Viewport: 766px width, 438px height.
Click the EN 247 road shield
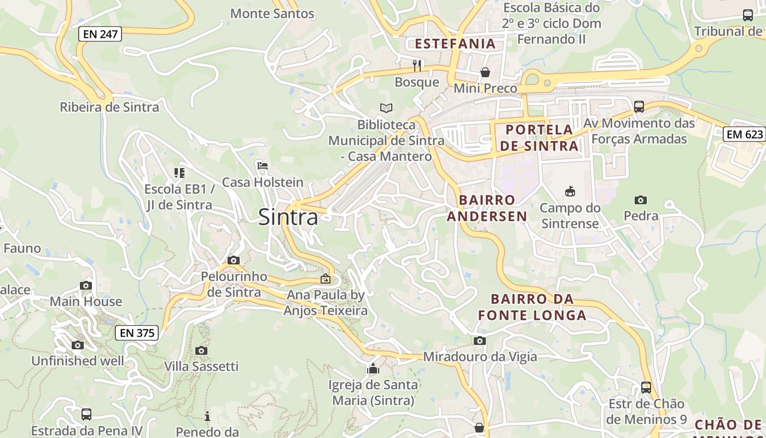click(100, 34)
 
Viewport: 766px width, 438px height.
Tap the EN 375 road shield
click(137, 332)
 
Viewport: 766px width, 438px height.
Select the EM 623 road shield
click(744, 134)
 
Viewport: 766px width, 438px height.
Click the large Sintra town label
click(288, 217)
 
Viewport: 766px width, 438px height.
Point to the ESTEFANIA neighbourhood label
click(455, 44)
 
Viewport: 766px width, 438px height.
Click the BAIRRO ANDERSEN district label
click(487, 208)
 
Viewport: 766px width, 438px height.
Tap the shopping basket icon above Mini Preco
click(485, 72)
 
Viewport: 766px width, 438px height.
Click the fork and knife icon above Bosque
click(417, 66)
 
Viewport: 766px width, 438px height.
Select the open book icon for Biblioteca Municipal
click(386, 108)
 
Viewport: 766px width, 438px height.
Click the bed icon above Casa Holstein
click(263, 166)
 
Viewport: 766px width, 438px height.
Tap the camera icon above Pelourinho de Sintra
click(234, 260)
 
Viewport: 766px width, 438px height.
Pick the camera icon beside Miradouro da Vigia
click(480, 341)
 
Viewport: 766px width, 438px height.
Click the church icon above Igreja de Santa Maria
click(373, 368)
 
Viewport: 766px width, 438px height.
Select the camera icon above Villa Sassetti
click(201, 350)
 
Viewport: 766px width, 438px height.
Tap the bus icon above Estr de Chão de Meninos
click(646, 388)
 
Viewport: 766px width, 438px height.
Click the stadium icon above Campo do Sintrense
click(570, 191)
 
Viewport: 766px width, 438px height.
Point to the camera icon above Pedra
click(641, 200)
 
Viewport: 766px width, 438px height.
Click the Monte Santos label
click(272, 14)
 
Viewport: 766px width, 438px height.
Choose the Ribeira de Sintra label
click(109, 107)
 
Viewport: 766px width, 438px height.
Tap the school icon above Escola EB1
click(179, 173)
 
